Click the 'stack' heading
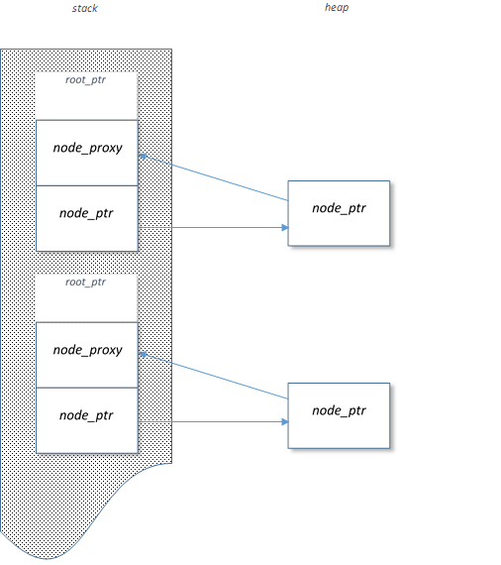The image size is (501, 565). click(x=84, y=8)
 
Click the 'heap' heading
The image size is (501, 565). click(x=337, y=8)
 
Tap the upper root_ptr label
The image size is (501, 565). click(x=86, y=80)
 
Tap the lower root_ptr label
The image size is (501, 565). click(x=86, y=282)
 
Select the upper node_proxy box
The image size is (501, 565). click(x=87, y=153)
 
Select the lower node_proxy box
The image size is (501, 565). click(x=87, y=355)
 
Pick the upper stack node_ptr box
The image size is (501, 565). click(x=87, y=218)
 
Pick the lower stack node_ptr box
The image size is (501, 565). click(x=87, y=420)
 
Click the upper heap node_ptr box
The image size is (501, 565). click(x=339, y=213)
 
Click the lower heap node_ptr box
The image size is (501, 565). click(x=339, y=415)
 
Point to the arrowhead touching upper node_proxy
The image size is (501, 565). click(x=143, y=156)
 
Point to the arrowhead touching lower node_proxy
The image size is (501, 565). click(x=143, y=355)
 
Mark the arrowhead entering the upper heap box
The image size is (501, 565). click(x=285, y=227)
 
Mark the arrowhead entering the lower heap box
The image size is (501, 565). click(x=285, y=421)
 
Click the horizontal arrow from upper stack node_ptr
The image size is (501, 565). click(x=213, y=227)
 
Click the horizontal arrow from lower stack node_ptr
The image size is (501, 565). click(x=213, y=421)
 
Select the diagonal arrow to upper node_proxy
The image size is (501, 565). click(x=214, y=177)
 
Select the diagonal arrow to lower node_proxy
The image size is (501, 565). click(x=214, y=377)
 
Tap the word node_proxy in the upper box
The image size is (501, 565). click(x=87, y=148)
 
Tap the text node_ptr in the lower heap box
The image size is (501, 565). click(x=339, y=410)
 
